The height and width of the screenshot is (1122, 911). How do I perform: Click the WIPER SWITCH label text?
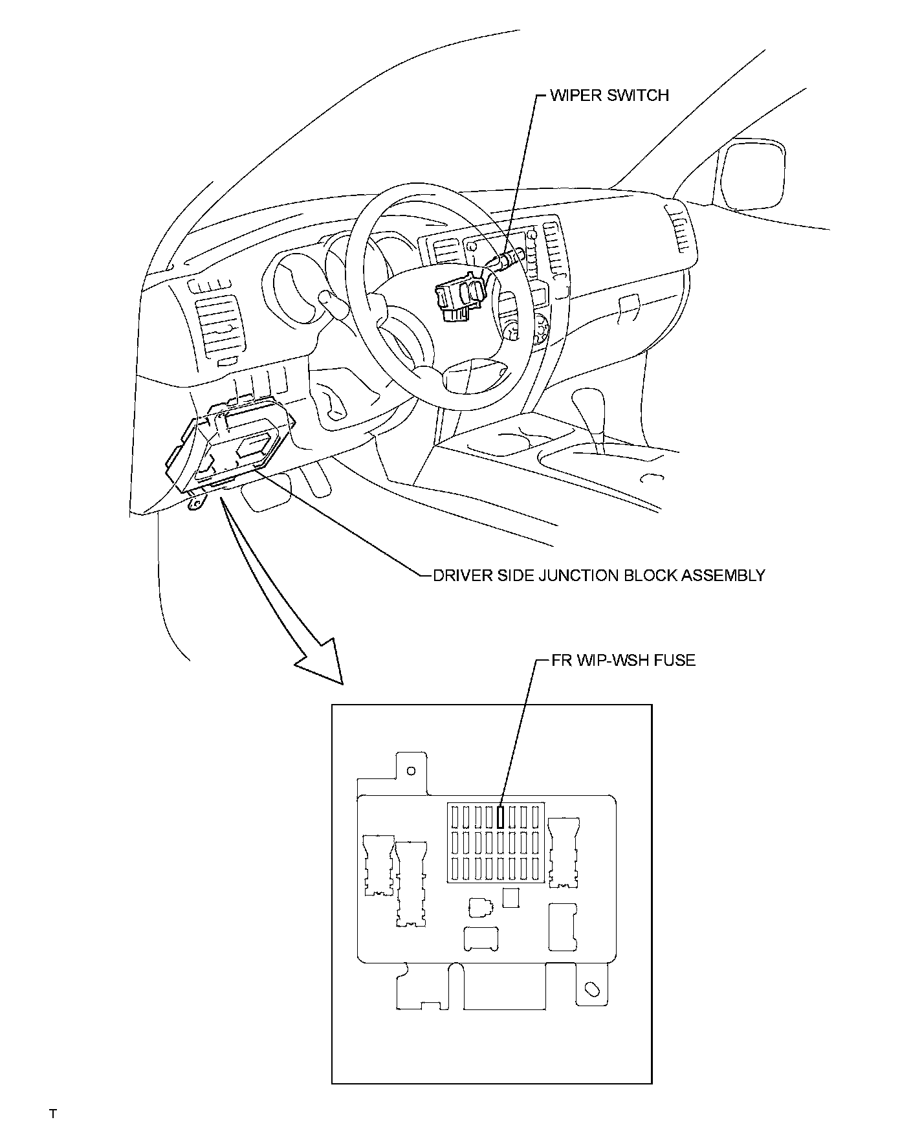[x=609, y=95]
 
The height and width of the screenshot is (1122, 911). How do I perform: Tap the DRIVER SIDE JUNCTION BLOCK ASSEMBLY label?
[x=598, y=575]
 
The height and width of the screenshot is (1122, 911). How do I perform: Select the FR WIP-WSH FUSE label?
[x=623, y=660]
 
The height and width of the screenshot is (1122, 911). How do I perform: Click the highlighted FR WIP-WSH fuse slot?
[x=500, y=817]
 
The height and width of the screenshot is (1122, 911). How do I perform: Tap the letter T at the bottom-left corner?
[x=53, y=1114]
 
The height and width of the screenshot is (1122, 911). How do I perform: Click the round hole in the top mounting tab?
[x=410, y=771]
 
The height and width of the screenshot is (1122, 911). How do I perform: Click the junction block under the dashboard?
[x=233, y=446]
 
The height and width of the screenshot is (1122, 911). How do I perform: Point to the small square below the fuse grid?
[x=510, y=897]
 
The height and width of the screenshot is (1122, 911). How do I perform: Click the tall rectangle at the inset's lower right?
[x=562, y=927]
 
